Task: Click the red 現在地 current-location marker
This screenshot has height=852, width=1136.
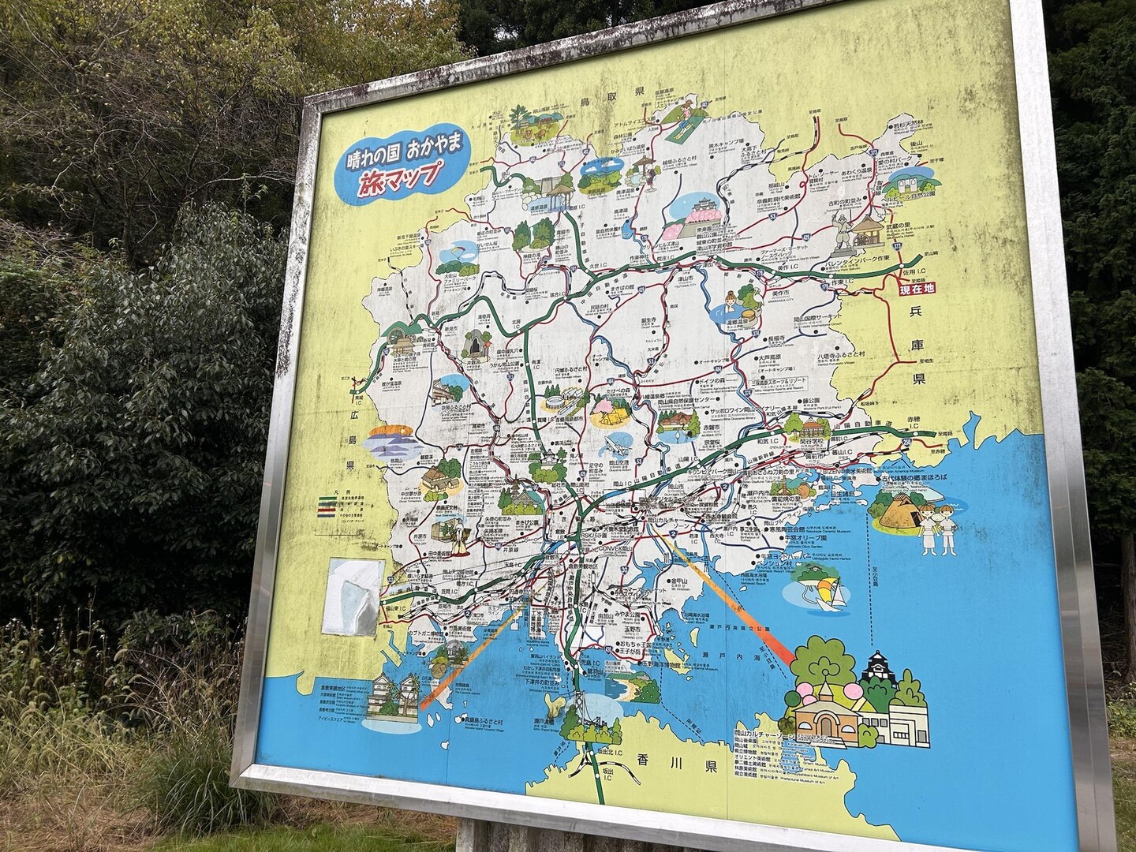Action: click(x=917, y=290)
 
